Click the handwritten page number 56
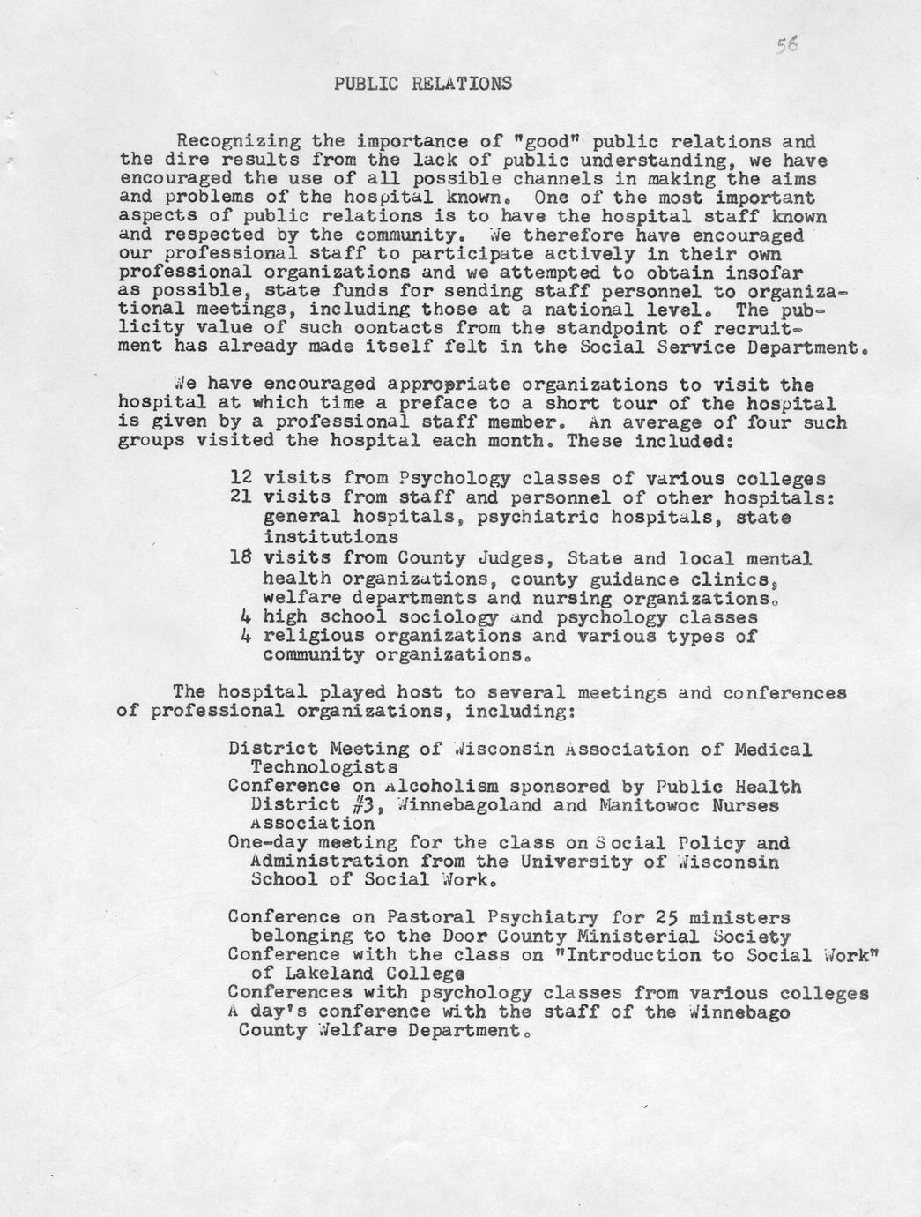pos(787,46)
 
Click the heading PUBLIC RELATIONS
pos(423,85)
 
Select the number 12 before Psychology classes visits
pos(241,479)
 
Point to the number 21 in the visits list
pos(241,497)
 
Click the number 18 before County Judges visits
pos(241,558)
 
